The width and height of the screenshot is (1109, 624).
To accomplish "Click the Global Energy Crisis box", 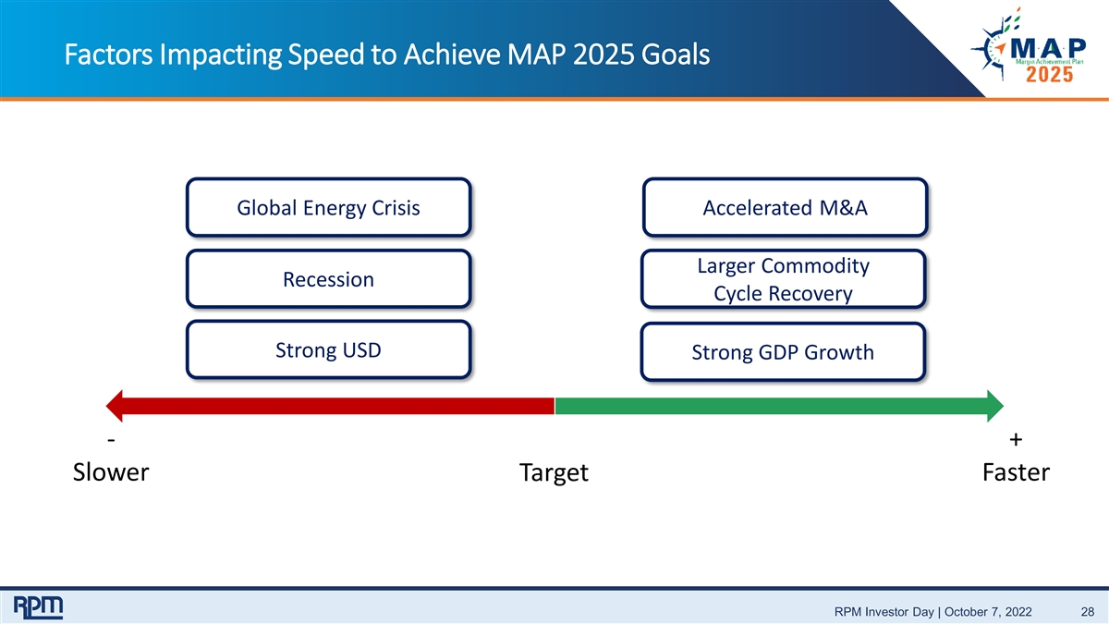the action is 328,207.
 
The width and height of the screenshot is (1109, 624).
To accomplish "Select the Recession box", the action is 328,279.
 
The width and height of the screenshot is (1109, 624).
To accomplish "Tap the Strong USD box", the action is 328,349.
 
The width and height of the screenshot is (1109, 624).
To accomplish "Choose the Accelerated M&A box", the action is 785,207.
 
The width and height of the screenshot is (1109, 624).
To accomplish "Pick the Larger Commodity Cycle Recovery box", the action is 783,279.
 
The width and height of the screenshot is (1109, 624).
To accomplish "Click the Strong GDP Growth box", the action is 783,351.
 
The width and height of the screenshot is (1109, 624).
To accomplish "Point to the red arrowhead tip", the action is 106,406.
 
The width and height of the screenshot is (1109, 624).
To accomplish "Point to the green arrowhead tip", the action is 1003,406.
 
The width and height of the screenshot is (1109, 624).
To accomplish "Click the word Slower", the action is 110,472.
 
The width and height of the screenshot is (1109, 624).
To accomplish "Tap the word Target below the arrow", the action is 554,473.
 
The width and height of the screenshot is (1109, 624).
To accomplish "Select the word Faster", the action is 1016,472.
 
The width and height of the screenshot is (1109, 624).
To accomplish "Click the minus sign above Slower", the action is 112,439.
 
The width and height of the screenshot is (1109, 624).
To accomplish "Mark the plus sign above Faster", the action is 1016,439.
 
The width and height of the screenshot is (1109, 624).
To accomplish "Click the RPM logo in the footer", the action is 38,607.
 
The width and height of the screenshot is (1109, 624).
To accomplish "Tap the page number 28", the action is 1088,612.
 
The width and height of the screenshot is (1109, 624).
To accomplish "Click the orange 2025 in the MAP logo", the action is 1050,75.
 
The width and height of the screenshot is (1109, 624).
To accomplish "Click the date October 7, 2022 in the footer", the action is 988,612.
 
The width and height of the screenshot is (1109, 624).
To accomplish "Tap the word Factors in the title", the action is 108,55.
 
